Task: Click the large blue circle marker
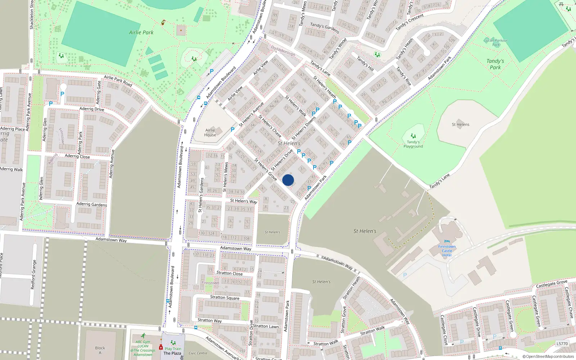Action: (x=288, y=180)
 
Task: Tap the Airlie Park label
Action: (x=141, y=32)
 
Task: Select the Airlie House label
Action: (x=210, y=132)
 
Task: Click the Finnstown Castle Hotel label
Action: (x=447, y=251)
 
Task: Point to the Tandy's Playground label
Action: (x=413, y=144)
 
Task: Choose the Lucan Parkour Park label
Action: (x=496, y=42)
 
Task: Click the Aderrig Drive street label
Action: (x=91, y=109)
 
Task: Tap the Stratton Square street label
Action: (x=225, y=297)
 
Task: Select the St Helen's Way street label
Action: (x=244, y=201)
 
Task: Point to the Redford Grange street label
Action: (x=33, y=275)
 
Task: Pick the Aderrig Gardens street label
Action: (x=91, y=204)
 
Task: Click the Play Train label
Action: (x=173, y=348)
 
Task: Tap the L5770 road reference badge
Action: (x=562, y=344)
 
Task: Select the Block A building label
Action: (x=100, y=350)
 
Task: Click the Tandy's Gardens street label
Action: (x=324, y=28)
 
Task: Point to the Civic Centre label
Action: (x=198, y=353)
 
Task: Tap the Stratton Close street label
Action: (x=229, y=273)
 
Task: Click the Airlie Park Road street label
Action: (x=118, y=81)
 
